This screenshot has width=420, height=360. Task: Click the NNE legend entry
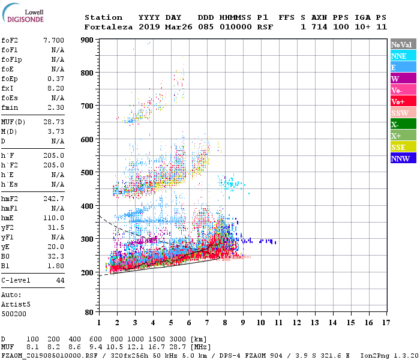pyautogui.click(x=403, y=56)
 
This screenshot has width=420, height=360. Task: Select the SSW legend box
pyautogui.click(x=403, y=113)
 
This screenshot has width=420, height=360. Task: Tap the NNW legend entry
pyautogui.click(x=403, y=158)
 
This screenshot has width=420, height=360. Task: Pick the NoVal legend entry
pyautogui.click(x=403, y=44)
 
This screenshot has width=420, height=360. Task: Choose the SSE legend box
pyautogui.click(x=403, y=147)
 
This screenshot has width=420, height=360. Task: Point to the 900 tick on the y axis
pyautogui.click(x=88, y=40)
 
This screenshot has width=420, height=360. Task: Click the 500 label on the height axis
pyautogui.click(x=88, y=173)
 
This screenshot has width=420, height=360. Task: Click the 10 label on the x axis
pyautogui.click(x=260, y=322)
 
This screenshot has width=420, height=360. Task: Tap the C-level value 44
pyautogui.click(x=60, y=281)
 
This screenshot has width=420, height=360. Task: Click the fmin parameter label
pyautogui.click(x=9, y=107)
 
